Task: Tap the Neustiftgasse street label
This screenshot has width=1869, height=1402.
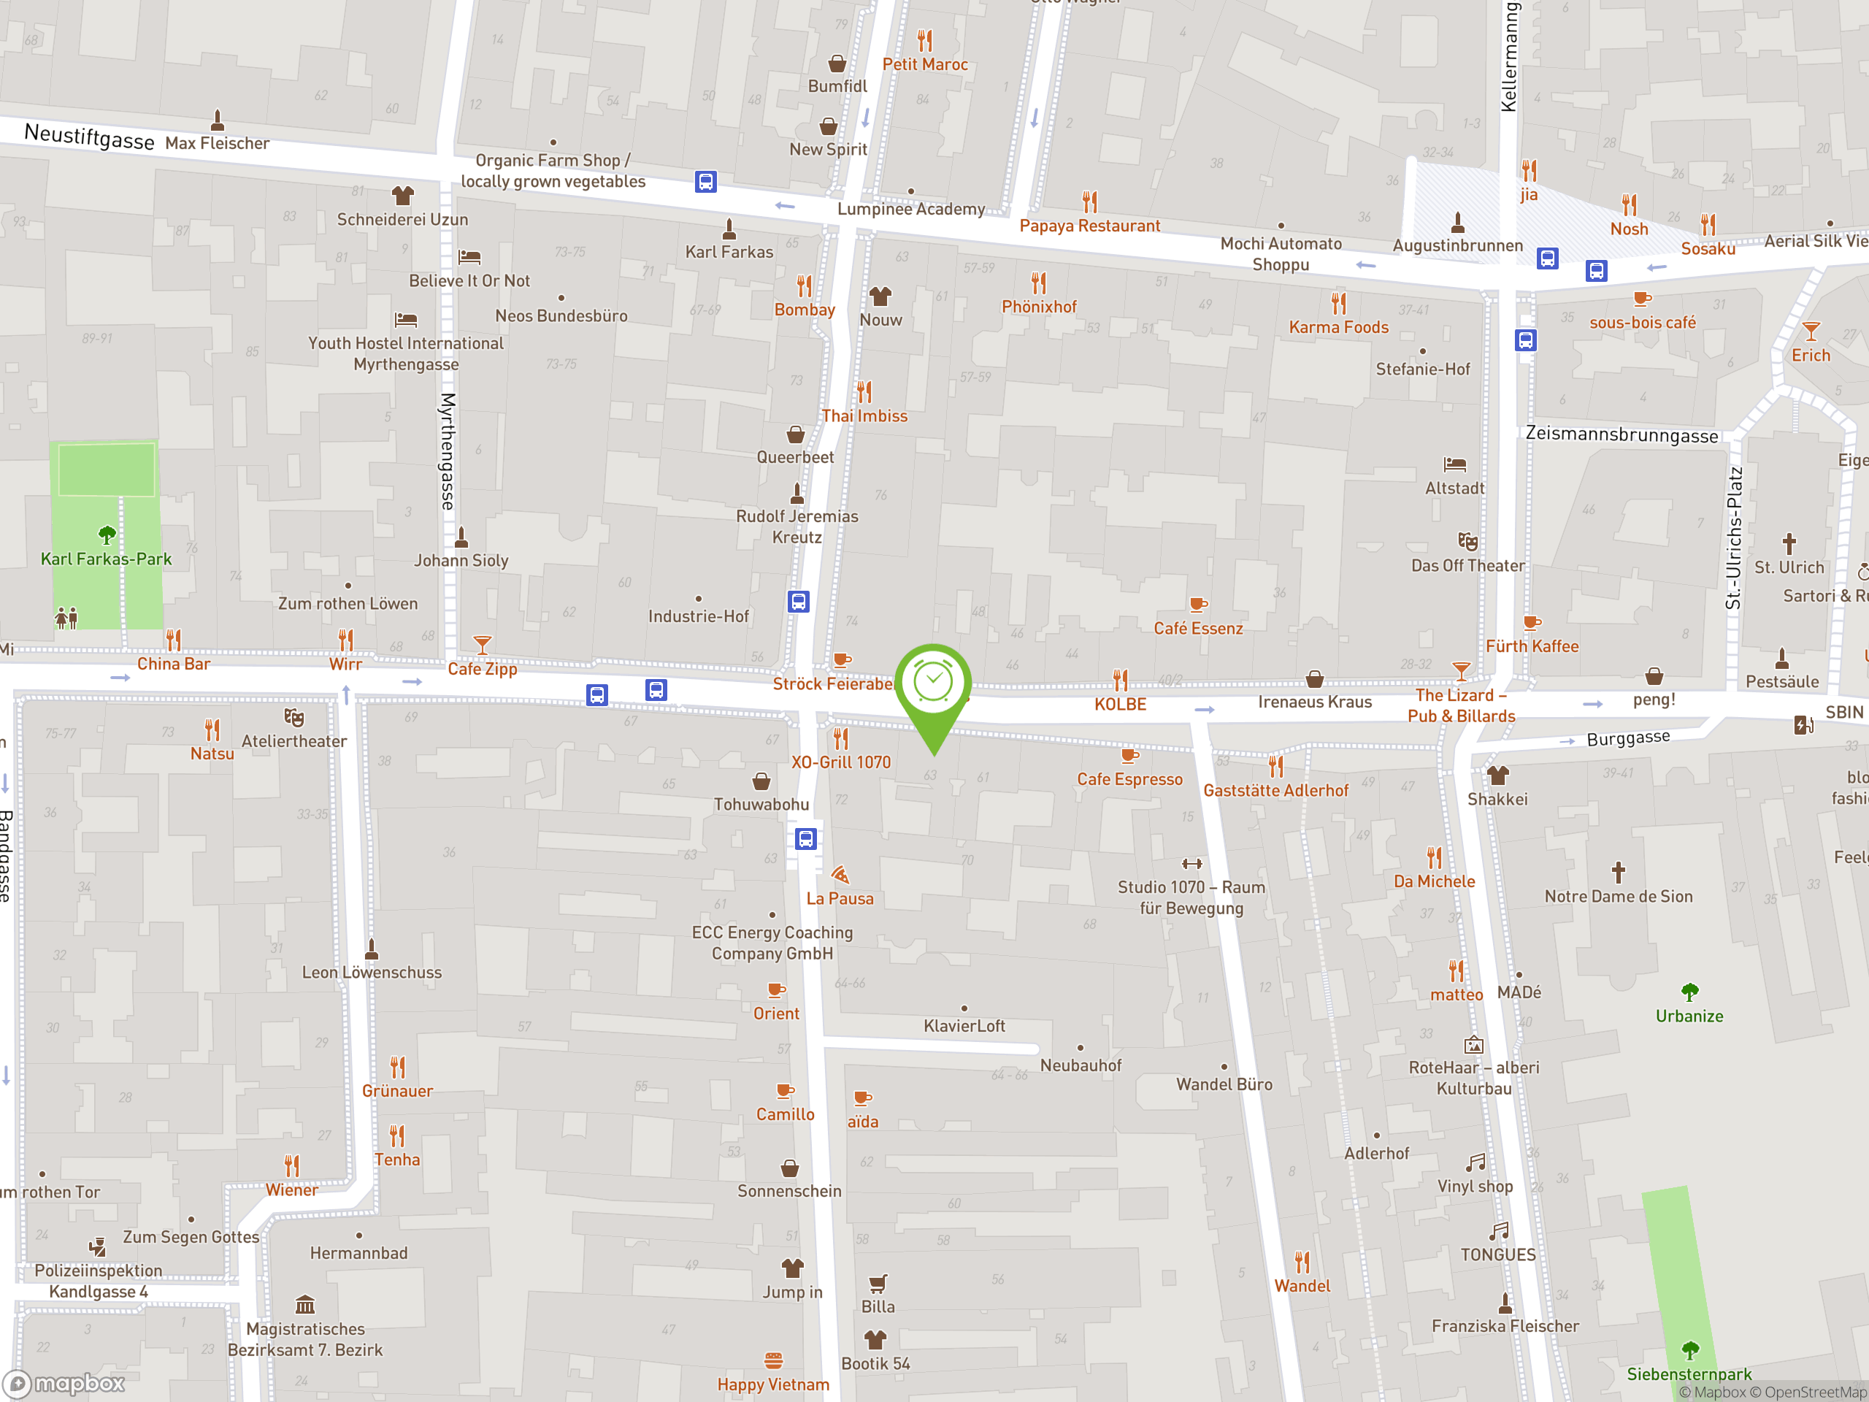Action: click(x=89, y=136)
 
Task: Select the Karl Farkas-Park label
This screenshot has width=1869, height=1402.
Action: click(x=107, y=559)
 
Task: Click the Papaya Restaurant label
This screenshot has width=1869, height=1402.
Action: click(x=1089, y=226)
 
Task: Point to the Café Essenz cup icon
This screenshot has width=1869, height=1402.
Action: click(x=1197, y=604)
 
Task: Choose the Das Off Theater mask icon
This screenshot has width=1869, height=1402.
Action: click(x=1467, y=541)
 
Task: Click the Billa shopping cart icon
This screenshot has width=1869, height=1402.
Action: click(x=878, y=1284)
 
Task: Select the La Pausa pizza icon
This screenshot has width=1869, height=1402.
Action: click(x=839, y=875)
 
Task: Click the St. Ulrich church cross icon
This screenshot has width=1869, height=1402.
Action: click(x=1789, y=543)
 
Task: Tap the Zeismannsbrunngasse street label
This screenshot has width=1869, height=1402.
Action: click(x=1622, y=435)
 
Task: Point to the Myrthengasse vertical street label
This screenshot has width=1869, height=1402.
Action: click(x=448, y=451)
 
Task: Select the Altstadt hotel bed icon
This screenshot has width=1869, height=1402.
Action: click(x=1454, y=464)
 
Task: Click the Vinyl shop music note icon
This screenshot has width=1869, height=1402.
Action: click(x=1475, y=1162)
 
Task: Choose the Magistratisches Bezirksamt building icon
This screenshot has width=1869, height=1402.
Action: click(x=305, y=1304)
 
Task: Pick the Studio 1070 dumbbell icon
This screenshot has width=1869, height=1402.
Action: click(x=1191, y=864)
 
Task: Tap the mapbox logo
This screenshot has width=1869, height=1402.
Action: click(x=65, y=1384)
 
